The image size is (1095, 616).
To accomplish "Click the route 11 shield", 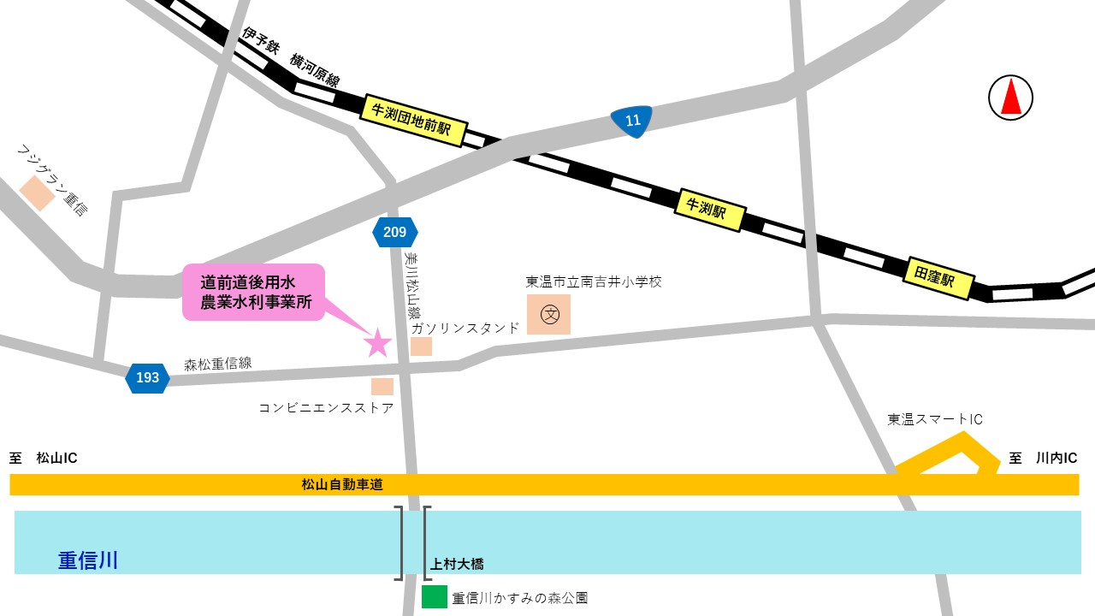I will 632,121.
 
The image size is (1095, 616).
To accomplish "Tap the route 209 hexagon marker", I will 395,232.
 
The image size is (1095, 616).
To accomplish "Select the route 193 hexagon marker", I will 147,377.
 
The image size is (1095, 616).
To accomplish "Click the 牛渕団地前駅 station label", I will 411,121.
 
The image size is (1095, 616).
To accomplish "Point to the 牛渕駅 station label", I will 711,209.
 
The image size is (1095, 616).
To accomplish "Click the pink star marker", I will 377,342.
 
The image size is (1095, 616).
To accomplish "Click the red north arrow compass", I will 1011,97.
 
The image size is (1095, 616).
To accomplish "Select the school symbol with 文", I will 548,315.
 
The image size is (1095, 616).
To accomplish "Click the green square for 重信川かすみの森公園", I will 435,596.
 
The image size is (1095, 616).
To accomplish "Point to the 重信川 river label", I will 88,560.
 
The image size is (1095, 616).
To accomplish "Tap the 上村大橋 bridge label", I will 457,564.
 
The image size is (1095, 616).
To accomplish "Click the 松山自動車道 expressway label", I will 342,484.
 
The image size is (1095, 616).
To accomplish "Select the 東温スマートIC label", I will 934,419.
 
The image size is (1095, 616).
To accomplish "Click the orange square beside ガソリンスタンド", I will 421,346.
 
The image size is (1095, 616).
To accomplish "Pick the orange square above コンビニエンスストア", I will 382,387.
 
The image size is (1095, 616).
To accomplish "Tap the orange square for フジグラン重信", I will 38,193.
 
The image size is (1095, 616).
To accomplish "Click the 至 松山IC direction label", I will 44,459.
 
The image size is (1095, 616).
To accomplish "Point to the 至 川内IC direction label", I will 1043,459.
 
